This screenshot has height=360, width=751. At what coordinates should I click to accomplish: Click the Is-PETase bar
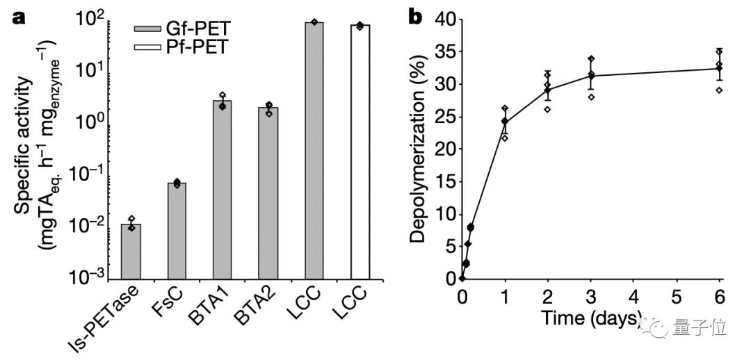131,250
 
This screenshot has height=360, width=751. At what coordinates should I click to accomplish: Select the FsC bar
177,229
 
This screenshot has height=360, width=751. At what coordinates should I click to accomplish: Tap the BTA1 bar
222,188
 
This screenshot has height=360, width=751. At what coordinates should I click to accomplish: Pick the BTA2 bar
268,191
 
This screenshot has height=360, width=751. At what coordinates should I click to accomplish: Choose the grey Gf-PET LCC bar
314,149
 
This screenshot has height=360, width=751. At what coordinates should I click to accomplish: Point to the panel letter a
17,15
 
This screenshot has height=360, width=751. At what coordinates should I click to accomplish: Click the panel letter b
415,15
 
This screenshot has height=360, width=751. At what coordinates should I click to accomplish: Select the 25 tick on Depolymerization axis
442,117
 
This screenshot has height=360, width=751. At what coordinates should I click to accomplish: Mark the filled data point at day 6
719,68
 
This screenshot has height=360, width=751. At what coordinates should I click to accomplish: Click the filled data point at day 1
505,122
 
